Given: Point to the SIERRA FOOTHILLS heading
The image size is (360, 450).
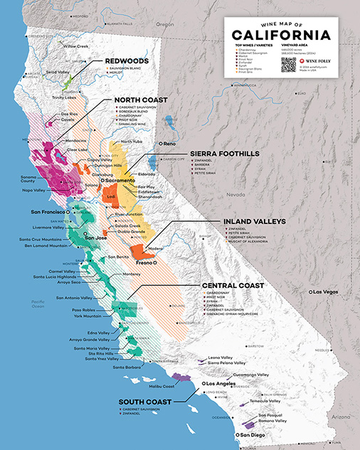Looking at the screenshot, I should click(220, 154).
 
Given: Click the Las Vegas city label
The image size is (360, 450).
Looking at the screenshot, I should click(327, 292).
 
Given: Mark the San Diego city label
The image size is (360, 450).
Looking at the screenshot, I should click(253, 434).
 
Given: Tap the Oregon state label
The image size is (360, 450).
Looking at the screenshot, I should click(165, 23).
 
